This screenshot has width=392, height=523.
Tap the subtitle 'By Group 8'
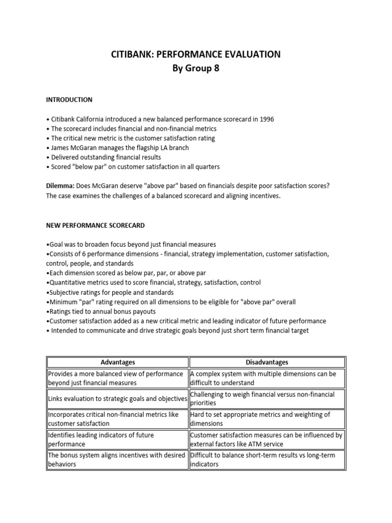(196, 69)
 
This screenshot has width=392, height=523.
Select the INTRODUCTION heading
(69, 100)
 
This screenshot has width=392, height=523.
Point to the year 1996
(266, 119)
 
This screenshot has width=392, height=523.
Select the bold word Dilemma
(61, 186)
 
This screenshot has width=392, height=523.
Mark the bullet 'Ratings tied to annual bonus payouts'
(101, 312)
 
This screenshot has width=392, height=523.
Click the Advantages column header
(117, 362)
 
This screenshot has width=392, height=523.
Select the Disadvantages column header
(267, 362)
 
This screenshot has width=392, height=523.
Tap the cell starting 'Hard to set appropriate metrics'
(267, 419)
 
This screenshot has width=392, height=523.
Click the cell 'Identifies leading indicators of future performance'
(117, 439)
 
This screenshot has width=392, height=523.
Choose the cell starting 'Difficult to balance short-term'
(267, 459)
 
